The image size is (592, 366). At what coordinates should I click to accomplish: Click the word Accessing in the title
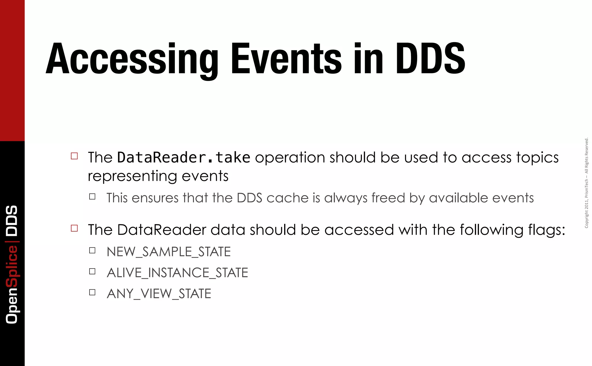[132, 59]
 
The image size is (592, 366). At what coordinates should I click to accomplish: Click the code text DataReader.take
[184, 158]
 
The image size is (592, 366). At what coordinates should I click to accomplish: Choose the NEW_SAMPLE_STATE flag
[169, 252]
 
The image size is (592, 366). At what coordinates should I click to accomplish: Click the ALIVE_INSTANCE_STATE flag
[177, 273]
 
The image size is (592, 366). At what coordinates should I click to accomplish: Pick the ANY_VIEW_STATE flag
[159, 294]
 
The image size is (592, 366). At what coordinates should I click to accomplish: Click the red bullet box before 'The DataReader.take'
[74, 156]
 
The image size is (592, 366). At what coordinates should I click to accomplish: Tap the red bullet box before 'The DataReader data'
[74, 228]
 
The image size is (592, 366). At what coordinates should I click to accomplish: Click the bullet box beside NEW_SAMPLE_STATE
[92, 250]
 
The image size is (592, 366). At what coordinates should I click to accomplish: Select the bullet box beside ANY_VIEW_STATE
[92, 292]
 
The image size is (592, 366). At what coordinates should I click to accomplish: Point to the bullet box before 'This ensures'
[92, 197]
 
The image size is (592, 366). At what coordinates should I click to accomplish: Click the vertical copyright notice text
[587, 183]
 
